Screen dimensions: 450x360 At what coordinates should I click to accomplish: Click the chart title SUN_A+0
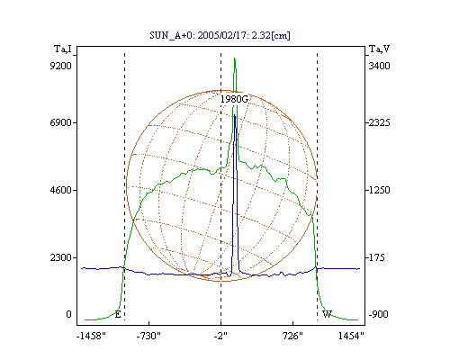point(170,35)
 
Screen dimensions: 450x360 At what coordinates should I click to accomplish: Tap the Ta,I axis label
point(63,49)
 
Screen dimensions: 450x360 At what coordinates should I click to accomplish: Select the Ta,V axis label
point(379,49)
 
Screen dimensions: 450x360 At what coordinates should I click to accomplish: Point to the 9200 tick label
point(60,66)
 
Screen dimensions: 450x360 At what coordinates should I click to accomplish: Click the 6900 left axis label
point(60,122)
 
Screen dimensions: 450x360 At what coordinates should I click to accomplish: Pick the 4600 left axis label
point(60,190)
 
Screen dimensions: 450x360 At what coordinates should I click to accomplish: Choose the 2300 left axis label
point(60,257)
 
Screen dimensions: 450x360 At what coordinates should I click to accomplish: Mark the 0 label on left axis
point(68,314)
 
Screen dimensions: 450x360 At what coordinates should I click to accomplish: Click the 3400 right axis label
point(379,66)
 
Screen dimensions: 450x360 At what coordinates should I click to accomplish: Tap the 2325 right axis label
point(379,122)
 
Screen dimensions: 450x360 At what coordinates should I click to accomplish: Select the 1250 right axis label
point(379,190)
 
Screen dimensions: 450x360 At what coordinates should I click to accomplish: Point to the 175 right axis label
point(376,257)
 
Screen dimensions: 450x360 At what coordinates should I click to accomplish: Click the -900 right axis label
point(378,314)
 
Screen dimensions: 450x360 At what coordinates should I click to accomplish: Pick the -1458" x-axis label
point(91,336)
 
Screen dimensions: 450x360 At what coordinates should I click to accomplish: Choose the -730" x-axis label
point(148,336)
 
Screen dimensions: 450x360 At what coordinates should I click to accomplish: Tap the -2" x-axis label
point(220,336)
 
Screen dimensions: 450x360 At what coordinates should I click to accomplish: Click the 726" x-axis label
point(292,336)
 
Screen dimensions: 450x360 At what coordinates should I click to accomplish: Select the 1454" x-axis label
point(351,336)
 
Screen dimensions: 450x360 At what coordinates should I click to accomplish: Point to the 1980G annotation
point(234,99)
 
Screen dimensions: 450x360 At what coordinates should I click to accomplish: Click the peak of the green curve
point(235,58)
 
